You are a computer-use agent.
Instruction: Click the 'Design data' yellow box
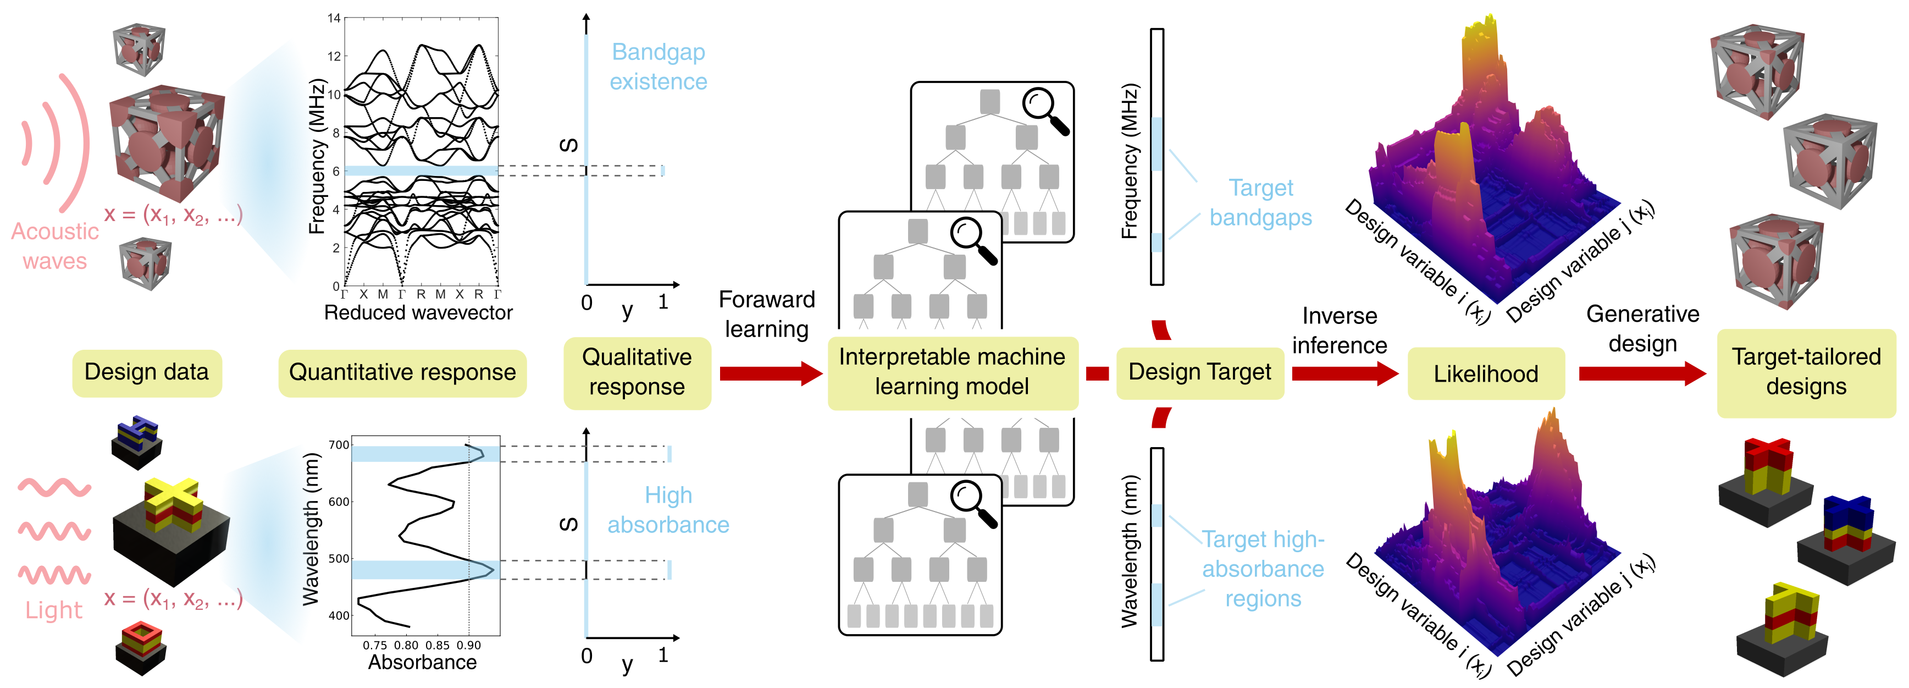(147, 372)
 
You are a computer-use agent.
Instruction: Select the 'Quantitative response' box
(402, 372)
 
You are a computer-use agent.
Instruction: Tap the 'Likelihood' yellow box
(1485, 373)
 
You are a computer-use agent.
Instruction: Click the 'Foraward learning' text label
(766, 313)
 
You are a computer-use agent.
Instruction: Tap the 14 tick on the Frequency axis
(334, 18)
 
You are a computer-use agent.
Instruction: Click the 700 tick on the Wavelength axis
(338, 445)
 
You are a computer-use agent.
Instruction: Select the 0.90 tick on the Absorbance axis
(468, 646)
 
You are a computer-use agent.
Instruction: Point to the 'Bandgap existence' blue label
(658, 67)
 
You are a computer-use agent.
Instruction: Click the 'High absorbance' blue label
(668, 510)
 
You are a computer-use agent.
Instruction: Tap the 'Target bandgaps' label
(1260, 202)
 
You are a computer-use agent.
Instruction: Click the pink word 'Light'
(53, 610)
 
